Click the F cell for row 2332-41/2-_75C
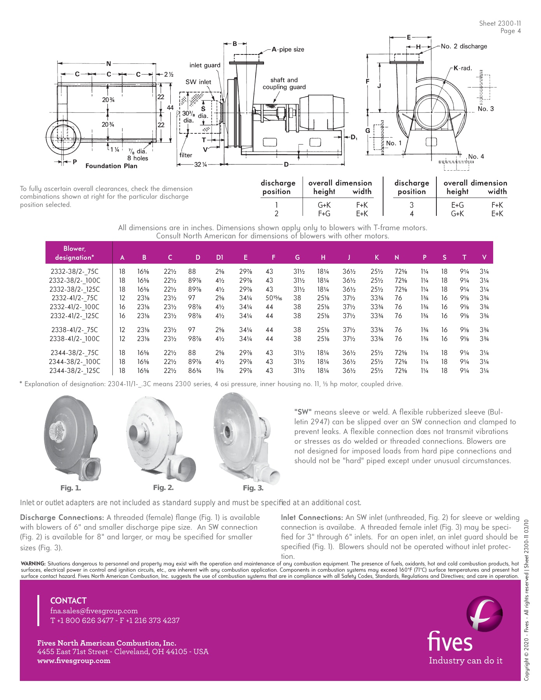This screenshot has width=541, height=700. click(273, 298)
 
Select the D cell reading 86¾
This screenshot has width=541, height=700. click(194, 371)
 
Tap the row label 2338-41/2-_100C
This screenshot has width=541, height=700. click(74, 339)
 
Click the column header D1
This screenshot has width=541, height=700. click(219, 257)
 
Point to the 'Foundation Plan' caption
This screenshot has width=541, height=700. click(111, 166)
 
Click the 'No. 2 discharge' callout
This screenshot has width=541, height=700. click(464, 46)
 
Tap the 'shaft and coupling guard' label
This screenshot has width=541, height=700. click(284, 84)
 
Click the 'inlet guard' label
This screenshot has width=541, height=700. click(205, 65)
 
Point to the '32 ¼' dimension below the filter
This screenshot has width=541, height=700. click(200, 164)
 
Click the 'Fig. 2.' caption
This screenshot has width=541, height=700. click(163, 488)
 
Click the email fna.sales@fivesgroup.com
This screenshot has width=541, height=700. click(94, 611)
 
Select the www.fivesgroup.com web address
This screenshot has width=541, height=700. click(74, 661)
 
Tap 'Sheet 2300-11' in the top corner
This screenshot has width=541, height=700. click(500, 23)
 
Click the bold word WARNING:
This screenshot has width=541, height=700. click(33, 563)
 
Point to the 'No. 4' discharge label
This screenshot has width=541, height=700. click(476, 157)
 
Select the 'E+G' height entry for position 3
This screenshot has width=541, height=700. click(457, 205)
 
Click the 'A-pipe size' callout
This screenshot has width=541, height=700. click(288, 49)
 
